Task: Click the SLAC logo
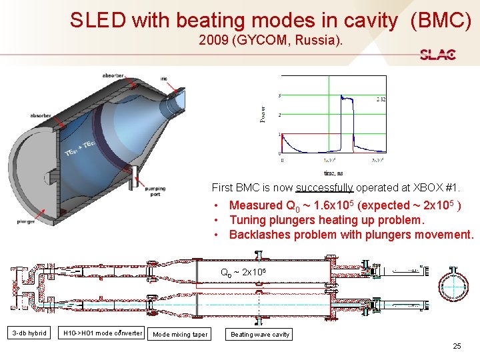click(438, 55)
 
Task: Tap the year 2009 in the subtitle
click(213, 41)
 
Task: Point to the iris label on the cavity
click(163, 79)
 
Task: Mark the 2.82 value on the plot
click(380, 99)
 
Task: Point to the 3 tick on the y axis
click(279, 95)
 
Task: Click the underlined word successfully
click(324, 188)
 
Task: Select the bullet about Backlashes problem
click(351, 235)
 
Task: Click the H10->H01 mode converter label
click(101, 333)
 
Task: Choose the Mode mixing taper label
click(179, 334)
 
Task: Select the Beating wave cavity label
click(259, 334)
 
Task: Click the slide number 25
click(457, 346)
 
